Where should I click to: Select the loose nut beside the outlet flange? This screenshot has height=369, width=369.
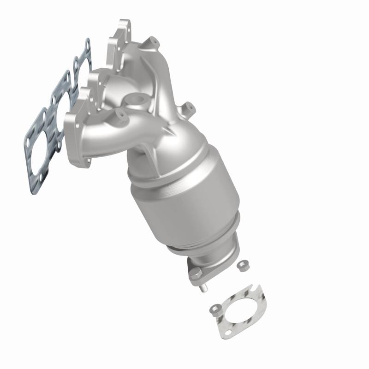[242, 265]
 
